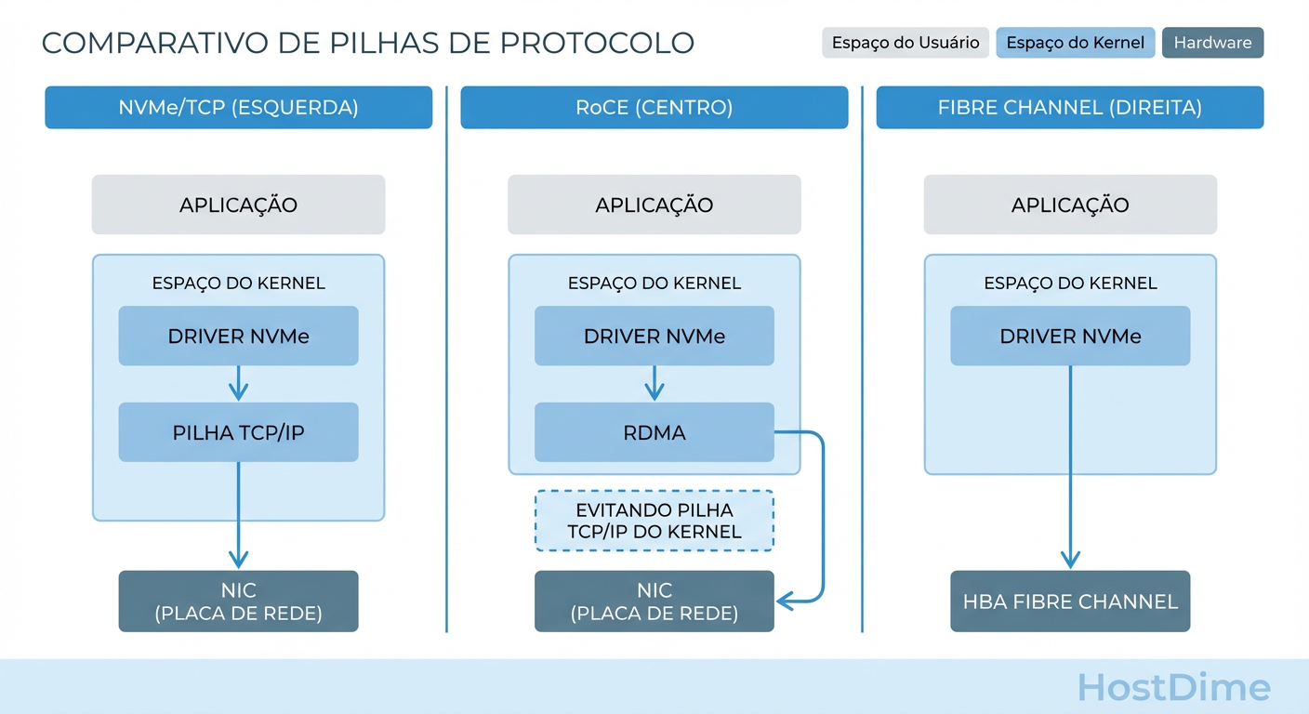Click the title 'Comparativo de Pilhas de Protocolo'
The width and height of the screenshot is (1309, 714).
[x=367, y=43]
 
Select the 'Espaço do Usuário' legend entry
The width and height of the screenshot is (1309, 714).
[x=905, y=43]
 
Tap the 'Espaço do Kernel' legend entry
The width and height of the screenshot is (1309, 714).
[x=1075, y=43]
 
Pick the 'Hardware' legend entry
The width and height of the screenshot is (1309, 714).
[x=1212, y=43]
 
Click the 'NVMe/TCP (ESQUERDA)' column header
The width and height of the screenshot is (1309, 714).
[x=238, y=107]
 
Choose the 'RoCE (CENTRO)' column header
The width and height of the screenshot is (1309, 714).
[x=654, y=107]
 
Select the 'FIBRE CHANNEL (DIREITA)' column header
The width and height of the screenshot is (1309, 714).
[x=1069, y=107]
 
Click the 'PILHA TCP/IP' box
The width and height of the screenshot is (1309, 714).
[x=238, y=432]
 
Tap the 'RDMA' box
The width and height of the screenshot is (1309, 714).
[x=654, y=432]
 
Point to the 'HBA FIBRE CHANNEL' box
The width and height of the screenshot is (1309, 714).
[x=1069, y=602]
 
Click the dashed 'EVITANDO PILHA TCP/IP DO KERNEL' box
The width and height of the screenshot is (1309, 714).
[x=654, y=521]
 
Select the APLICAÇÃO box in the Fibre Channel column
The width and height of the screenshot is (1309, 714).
[x=1069, y=205]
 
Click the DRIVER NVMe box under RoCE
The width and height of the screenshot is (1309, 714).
[x=654, y=336]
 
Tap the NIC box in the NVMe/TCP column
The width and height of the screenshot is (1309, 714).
[x=238, y=602]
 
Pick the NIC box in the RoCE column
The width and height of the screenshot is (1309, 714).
[x=654, y=602]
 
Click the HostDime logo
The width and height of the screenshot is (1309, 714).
[x=1173, y=688]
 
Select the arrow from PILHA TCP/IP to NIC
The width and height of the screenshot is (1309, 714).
[x=238, y=516]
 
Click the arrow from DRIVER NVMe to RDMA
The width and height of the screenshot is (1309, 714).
[x=654, y=383]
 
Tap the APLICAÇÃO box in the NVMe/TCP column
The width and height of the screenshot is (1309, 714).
[x=238, y=205]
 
